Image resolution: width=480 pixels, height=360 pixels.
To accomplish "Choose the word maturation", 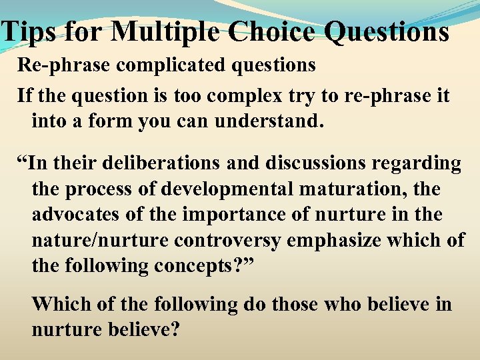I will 354,189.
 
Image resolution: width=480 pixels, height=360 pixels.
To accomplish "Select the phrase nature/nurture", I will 93,241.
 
